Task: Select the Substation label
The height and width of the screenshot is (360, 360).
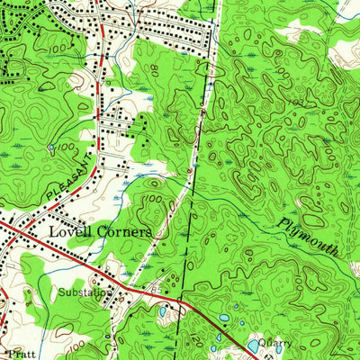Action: point(85,292)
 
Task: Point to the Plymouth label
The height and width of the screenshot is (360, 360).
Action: point(309,237)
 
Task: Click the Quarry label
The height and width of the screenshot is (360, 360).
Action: point(273,343)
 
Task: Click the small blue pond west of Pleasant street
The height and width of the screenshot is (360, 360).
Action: point(52,146)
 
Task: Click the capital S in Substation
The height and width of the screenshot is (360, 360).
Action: point(62,292)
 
